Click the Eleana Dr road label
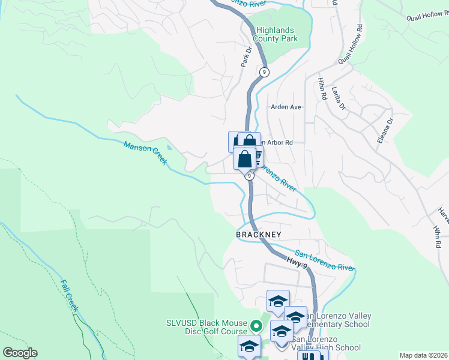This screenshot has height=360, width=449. [x=388, y=129]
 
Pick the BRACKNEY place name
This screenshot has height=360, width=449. [x=258, y=234]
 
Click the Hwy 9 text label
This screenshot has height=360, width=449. [x=294, y=260]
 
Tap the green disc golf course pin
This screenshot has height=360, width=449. [x=256, y=326]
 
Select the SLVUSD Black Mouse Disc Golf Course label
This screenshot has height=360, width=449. [x=207, y=327]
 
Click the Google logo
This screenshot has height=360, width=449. [x=20, y=353]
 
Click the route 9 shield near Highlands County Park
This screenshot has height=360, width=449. [x=264, y=72]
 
